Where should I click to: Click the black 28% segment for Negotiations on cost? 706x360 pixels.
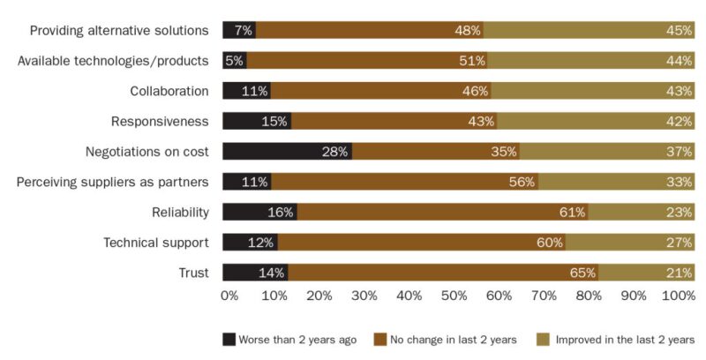click(x=287, y=152)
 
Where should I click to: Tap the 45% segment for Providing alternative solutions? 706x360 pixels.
click(x=589, y=31)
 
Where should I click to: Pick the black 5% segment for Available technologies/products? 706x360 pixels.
click(x=234, y=61)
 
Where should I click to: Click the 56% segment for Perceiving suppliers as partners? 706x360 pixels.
click(x=405, y=182)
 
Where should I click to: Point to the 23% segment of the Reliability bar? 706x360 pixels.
click(x=642, y=212)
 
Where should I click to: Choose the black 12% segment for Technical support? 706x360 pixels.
click(x=250, y=242)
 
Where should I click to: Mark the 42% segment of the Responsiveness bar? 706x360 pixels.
click(x=596, y=121)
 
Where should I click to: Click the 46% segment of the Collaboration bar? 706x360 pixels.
click(x=381, y=91)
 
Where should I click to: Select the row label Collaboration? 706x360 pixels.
click(x=169, y=91)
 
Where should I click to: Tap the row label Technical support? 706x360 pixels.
click(x=156, y=242)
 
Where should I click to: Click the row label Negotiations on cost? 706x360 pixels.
click(x=147, y=152)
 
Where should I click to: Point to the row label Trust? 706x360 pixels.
click(x=193, y=272)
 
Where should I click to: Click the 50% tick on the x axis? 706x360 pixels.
click(x=454, y=296)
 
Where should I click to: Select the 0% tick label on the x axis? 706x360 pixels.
click(x=229, y=296)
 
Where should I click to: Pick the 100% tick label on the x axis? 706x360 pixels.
click(x=678, y=296)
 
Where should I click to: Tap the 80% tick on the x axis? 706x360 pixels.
click(x=589, y=296)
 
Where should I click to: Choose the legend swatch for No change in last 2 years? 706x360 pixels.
click(x=380, y=339)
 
